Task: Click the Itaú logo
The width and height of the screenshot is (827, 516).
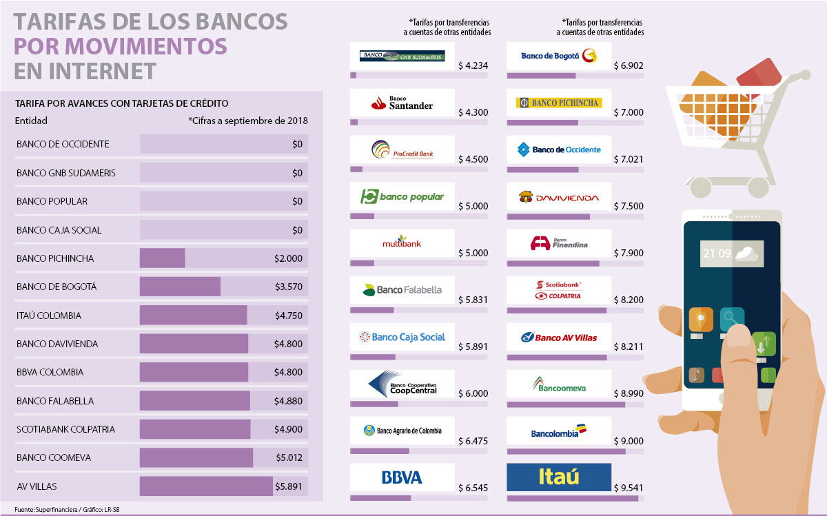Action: click(x=558, y=477)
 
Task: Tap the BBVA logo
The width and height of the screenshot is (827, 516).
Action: click(x=402, y=477)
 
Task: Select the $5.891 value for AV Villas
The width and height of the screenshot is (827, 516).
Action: click(x=289, y=486)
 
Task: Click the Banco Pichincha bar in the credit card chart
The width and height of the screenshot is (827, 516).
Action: click(x=162, y=258)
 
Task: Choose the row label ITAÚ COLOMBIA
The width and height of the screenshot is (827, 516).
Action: click(x=49, y=316)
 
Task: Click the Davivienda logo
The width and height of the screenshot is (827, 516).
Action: click(x=558, y=198)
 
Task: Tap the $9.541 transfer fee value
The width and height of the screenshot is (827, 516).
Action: click(x=628, y=488)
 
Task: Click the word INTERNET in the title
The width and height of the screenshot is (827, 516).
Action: click(x=85, y=71)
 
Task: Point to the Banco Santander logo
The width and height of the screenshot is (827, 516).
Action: click(x=402, y=103)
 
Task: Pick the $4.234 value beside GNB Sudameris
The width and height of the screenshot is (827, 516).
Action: click(x=473, y=66)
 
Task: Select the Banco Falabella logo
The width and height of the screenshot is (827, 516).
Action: click(x=402, y=290)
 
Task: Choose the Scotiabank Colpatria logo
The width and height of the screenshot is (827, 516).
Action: click(x=558, y=290)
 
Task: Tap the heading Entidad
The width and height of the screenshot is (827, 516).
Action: click(x=31, y=121)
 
